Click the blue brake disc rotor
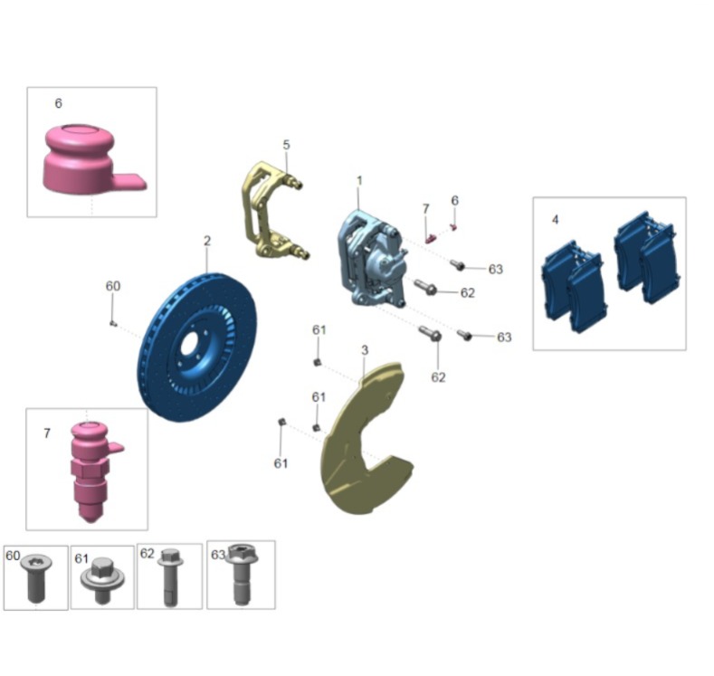tap(196, 348)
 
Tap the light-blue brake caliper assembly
tap(371, 260)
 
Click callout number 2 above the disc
tap(207, 241)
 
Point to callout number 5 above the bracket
tap(286, 145)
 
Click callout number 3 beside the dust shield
tap(365, 350)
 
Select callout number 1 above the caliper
tap(359, 181)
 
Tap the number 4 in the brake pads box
tap(555, 220)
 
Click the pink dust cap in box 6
tap(91, 159)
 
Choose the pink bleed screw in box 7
tap(91, 471)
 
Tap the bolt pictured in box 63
tap(241, 574)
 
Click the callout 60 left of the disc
tap(113, 286)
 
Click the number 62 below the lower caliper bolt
tap(438, 377)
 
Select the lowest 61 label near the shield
tap(281, 463)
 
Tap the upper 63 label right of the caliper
tap(495, 269)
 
